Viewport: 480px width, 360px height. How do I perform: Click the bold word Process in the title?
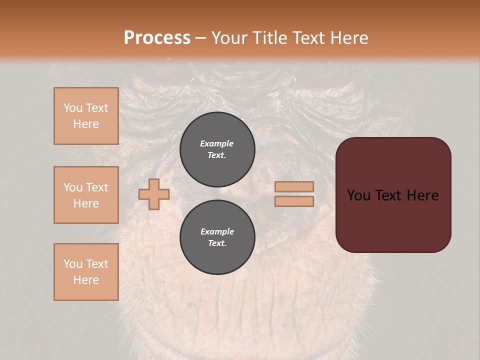click(157, 38)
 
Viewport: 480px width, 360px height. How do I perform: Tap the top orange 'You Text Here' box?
click(86, 116)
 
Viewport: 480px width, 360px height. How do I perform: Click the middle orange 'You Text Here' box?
click(86, 195)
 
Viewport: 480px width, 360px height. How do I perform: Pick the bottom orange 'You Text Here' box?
click(86, 272)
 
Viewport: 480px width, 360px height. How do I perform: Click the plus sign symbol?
click(153, 194)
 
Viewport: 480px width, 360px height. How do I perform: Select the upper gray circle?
click(217, 149)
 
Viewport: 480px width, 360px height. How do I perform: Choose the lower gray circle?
click(217, 237)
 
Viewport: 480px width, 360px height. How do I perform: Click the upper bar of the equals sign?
click(294, 187)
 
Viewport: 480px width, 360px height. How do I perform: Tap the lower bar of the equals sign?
click(294, 201)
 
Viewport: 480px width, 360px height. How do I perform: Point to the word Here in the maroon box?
click(422, 195)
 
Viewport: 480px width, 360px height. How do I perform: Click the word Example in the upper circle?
click(216, 143)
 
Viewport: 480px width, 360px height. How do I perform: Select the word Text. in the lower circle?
click(217, 243)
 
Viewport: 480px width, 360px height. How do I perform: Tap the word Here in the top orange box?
click(86, 124)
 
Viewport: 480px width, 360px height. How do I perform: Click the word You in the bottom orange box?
click(72, 264)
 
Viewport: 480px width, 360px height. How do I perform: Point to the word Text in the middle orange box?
click(97, 187)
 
